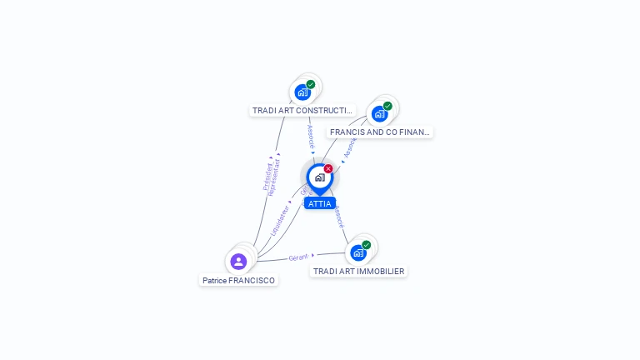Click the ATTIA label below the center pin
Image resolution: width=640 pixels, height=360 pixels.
(x=319, y=203)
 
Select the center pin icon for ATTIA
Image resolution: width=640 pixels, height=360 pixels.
(x=319, y=177)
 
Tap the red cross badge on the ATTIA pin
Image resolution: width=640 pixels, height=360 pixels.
(x=328, y=168)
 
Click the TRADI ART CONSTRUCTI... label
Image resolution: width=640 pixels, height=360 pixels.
(x=302, y=110)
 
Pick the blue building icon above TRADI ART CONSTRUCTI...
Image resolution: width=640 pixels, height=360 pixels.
(x=302, y=92)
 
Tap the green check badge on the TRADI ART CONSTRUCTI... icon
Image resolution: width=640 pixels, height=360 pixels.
(x=311, y=84)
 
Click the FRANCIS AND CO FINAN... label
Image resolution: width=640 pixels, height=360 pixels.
(x=380, y=132)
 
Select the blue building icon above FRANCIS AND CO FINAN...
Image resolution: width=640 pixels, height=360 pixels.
(x=379, y=114)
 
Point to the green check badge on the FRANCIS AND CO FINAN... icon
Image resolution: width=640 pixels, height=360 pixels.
(x=387, y=106)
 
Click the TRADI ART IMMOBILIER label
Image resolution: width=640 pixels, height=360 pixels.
(x=358, y=271)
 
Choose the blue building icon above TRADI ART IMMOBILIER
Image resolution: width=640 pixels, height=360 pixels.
(x=357, y=252)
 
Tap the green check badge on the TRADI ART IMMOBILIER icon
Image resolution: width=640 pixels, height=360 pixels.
(x=366, y=245)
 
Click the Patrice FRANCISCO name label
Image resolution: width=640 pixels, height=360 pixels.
(x=238, y=281)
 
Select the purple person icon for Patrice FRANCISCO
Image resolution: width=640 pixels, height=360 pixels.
(x=238, y=262)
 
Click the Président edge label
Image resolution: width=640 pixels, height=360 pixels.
(x=267, y=174)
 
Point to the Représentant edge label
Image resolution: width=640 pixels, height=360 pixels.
(x=275, y=177)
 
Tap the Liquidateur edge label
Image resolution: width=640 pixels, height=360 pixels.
(x=281, y=219)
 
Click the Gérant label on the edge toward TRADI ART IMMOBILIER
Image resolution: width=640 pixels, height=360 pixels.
(x=298, y=257)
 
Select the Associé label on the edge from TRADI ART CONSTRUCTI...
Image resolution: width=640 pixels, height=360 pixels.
(x=310, y=136)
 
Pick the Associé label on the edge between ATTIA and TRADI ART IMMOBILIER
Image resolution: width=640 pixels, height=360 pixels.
(x=339, y=217)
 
